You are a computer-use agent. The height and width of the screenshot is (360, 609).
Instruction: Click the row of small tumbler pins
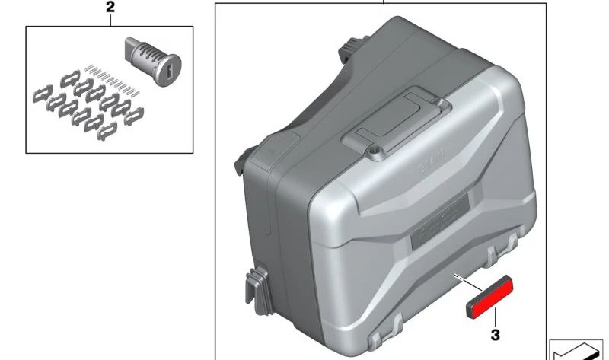pyautogui.click(x=110, y=76)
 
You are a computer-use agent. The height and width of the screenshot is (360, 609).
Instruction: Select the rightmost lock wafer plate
pyautogui.click(x=134, y=115)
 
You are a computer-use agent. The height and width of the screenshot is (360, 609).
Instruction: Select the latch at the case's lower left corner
pyautogui.click(x=257, y=288)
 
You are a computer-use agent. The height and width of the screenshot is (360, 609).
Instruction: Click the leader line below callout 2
pyautogui.click(x=110, y=21)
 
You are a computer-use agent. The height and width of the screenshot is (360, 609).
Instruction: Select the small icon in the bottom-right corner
pyautogui.click(x=578, y=347)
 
